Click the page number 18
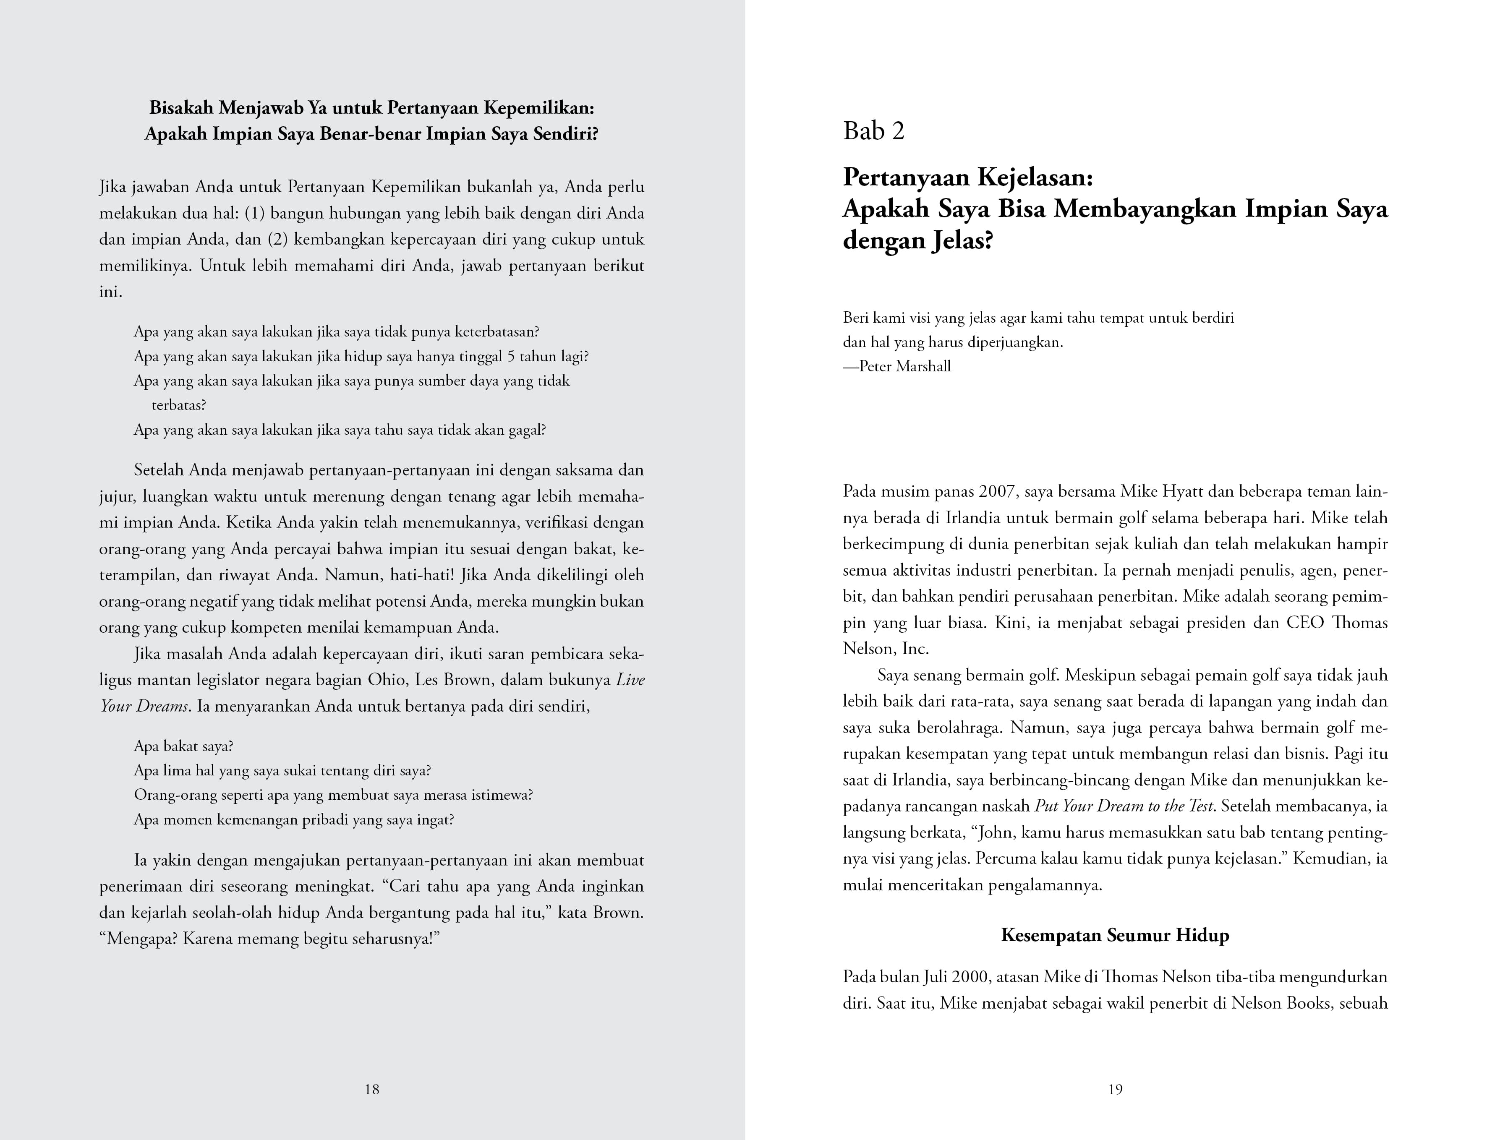[371, 1089]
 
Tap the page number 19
[1115, 1089]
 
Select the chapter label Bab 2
[873, 131]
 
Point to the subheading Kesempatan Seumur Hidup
[1115, 935]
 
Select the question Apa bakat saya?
[183, 746]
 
